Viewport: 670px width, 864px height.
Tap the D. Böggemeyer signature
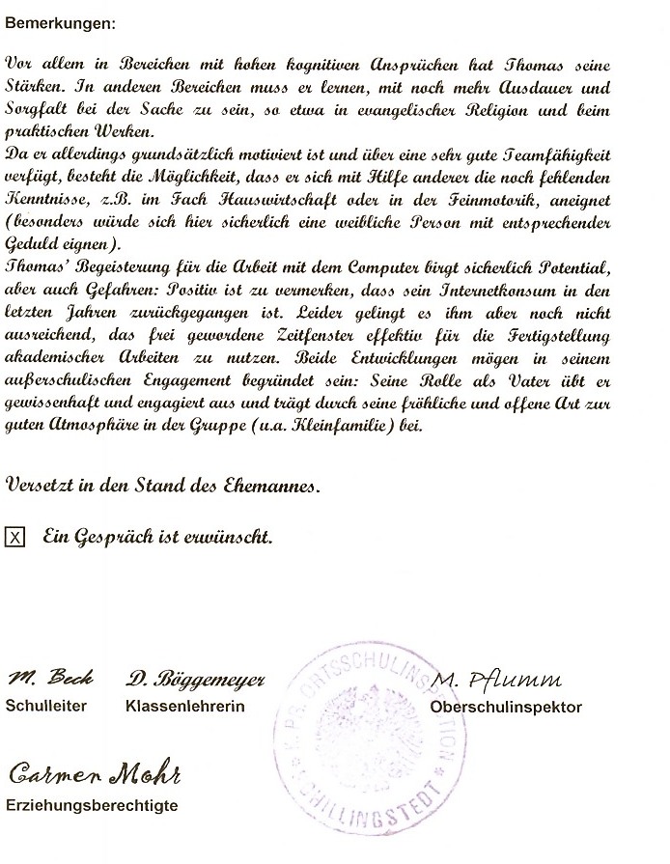tap(194, 679)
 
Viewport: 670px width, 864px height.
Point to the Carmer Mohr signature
tap(96, 773)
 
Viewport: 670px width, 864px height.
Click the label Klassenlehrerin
tap(185, 706)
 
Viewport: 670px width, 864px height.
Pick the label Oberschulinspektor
tap(507, 707)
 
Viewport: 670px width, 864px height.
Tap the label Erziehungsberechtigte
tap(92, 805)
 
